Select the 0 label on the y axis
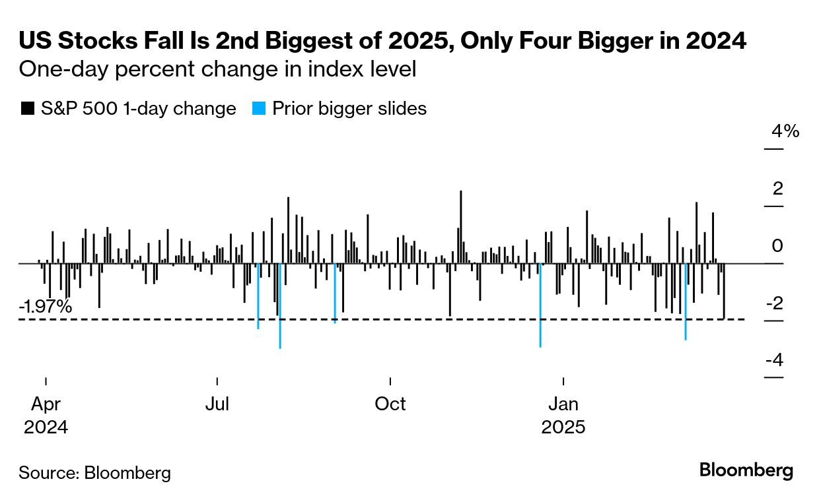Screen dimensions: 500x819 (x=778, y=246)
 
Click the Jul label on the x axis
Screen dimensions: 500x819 (x=217, y=404)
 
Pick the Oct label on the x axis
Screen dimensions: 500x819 (x=390, y=404)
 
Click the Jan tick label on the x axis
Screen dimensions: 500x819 (x=563, y=404)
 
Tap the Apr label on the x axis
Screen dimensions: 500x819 (x=46, y=404)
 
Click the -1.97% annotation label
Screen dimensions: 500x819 (x=46, y=307)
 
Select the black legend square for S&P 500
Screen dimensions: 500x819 (x=27, y=109)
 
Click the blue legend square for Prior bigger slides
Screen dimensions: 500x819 (x=260, y=109)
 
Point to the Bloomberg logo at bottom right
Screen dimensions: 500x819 (x=746, y=470)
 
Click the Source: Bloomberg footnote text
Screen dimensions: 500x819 (x=94, y=472)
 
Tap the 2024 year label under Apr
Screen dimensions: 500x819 (x=46, y=427)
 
